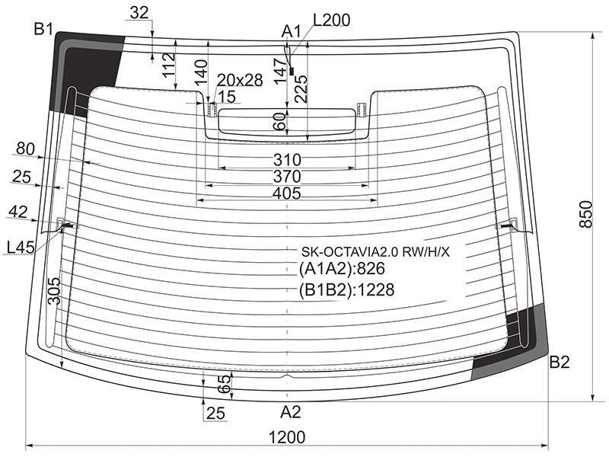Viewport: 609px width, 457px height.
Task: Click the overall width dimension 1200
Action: point(287,437)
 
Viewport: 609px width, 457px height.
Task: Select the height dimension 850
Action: point(585,214)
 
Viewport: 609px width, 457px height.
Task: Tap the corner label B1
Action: point(43,29)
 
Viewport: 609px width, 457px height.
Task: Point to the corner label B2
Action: point(560,363)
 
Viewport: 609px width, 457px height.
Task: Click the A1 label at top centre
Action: point(292,31)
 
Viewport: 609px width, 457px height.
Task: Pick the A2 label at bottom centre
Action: point(291,412)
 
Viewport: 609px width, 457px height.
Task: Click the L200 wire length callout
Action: point(331,20)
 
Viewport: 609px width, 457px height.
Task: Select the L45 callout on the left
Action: point(21,247)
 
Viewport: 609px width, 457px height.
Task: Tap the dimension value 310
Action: point(287,160)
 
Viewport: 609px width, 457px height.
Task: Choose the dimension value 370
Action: point(287,177)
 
